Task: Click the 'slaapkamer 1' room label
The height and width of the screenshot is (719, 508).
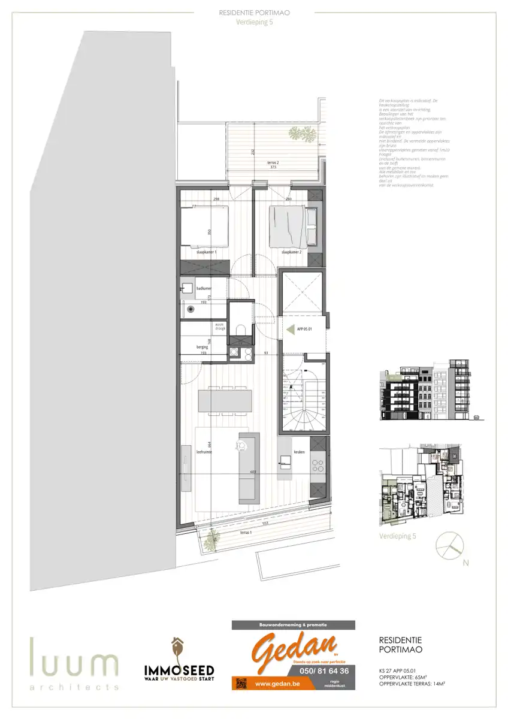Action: (205, 253)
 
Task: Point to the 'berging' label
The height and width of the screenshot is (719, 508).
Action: (202, 347)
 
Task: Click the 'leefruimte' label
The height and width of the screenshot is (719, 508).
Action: (204, 452)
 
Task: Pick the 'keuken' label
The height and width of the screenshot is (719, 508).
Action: (300, 452)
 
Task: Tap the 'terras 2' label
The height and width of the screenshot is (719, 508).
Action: (274, 162)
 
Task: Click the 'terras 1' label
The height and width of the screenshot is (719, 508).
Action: (246, 532)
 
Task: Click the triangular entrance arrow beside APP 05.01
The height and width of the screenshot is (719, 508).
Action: (292, 328)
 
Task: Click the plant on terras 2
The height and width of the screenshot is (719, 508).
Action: (307, 135)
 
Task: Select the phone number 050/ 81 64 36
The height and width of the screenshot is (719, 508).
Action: (323, 670)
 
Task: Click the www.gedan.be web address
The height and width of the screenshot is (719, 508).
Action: (278, 682)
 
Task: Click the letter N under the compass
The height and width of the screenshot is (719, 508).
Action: (465, 563)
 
